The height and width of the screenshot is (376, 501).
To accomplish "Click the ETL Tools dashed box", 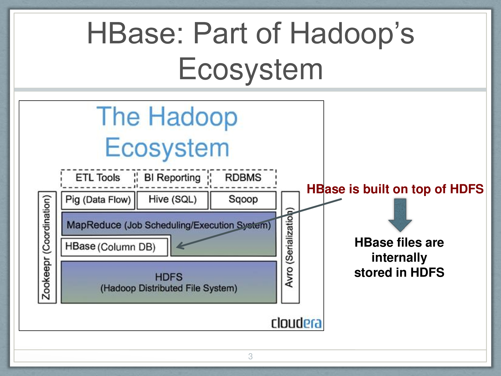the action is tap(98, 178).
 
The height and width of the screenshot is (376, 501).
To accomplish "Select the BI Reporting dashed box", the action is tap(172, 178).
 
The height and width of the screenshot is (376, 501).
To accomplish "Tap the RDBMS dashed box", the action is tap(243, 178).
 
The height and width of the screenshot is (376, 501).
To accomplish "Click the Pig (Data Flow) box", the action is tap(98, 200).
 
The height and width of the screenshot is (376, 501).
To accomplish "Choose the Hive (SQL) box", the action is tap(172, 200).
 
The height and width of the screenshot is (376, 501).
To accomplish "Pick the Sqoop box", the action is tap(243, 200).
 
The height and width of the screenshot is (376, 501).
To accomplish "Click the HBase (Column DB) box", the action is tap(114, 247).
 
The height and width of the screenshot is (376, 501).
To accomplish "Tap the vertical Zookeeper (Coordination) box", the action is tap(47, 247).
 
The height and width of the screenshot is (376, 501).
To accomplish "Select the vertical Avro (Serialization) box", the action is tap(290, 247).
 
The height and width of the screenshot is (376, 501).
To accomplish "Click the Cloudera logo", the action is tap(296, 323).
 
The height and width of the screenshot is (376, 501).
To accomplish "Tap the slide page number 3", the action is tap(250, 356).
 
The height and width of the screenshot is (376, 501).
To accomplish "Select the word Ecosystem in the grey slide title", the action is tap(250, 69).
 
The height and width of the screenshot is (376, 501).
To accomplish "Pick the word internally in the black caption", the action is tap(399, 257).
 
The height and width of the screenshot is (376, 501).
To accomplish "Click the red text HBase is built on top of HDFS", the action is tap(395, 189).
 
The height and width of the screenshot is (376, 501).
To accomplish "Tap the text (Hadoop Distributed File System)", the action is tap(169, 288).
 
